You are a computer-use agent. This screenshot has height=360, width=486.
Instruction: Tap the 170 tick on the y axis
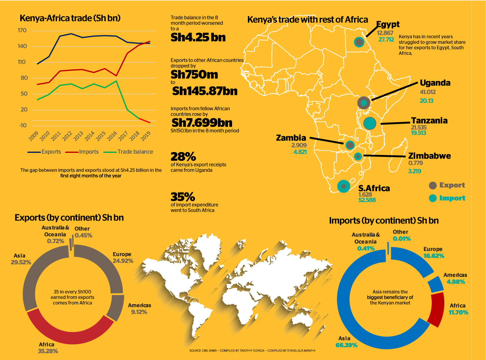tap(22, 31)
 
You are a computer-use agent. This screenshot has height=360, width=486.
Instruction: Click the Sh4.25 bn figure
tap(198, 37)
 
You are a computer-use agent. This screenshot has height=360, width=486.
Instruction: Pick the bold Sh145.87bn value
tap(205, 91)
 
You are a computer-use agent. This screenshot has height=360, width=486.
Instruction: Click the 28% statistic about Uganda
tap(184, 156)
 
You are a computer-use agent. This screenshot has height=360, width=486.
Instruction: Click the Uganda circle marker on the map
tap(364, 103)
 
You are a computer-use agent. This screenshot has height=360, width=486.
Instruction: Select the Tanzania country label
tap(429, 120)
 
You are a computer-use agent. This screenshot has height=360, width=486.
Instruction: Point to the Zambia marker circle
tap(350, 145)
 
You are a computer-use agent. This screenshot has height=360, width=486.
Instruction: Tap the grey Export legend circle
tap(433, 185)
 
